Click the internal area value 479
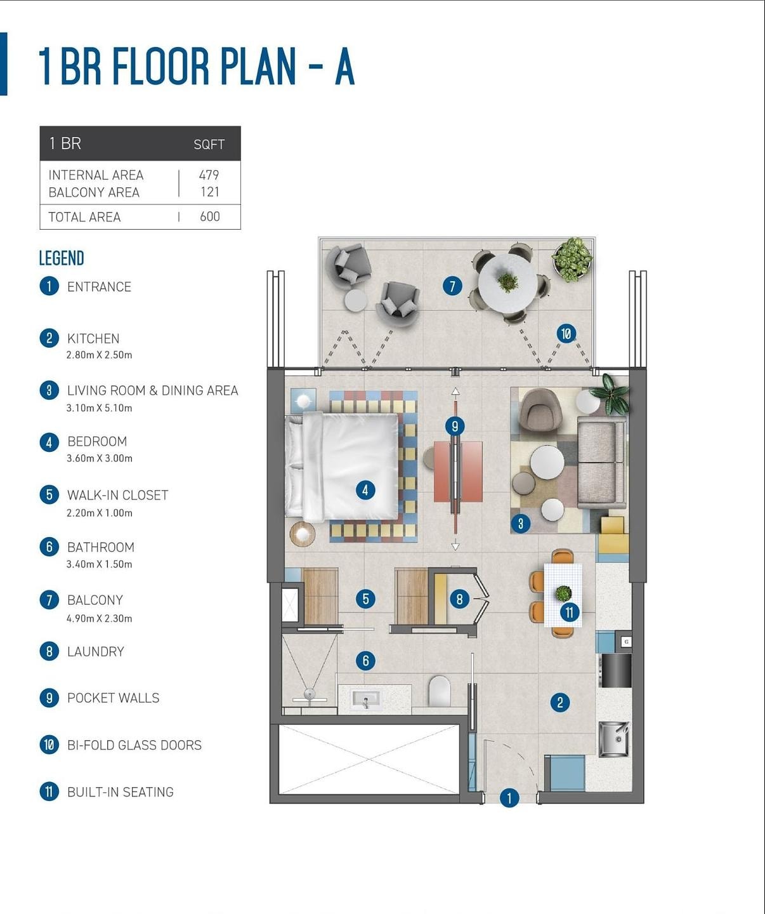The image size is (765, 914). point(209,175)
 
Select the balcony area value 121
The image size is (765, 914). point(209,192)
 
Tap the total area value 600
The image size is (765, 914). point(209,216)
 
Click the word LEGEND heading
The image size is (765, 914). point(62,258)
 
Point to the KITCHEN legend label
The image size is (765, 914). point(93,338)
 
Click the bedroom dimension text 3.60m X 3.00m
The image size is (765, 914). point(100,458)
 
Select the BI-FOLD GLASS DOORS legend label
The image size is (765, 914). point(134,745)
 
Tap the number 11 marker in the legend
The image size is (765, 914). point(49,792)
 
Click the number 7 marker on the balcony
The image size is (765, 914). point(452,286)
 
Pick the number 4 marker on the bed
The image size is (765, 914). point(365,490)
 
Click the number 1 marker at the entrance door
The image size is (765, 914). point(509,798)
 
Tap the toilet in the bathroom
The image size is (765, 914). point(440,691)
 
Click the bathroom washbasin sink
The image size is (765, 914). point(366,699)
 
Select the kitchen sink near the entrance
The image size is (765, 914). point(615,739)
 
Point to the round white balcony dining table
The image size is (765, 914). point(507,283)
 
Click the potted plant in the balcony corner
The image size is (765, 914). point(572,260)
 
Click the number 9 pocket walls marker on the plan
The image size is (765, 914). point(455,426)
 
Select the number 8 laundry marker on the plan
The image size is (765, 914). point(459,599)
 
